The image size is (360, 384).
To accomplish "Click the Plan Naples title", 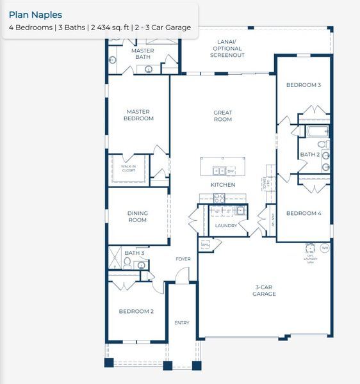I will tap(35, 15).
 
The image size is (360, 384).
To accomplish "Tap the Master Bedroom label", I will tap(139, 115).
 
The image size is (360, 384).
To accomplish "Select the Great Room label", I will tap(223, 116).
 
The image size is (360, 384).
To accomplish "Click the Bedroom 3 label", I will tap(303, 85).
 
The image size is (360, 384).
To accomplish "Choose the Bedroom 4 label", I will tap(303, 213).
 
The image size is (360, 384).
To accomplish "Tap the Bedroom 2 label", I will tap(136, 312).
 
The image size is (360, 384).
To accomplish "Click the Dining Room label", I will tap(137, 216).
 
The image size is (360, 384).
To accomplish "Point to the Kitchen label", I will tap(223, 185).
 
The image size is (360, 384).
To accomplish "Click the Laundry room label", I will tap(226, 225).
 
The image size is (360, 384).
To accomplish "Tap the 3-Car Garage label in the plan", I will tap(264, 291).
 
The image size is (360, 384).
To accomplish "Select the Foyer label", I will tap(184, 259).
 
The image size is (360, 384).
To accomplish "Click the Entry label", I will tap(182, 323).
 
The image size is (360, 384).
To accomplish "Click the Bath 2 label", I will tap(309, 154).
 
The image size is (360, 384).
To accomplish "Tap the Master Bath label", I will tap(142, 54).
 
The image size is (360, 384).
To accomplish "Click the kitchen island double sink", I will tap(218, 171).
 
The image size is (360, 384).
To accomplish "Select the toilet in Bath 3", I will tap(127, 262).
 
